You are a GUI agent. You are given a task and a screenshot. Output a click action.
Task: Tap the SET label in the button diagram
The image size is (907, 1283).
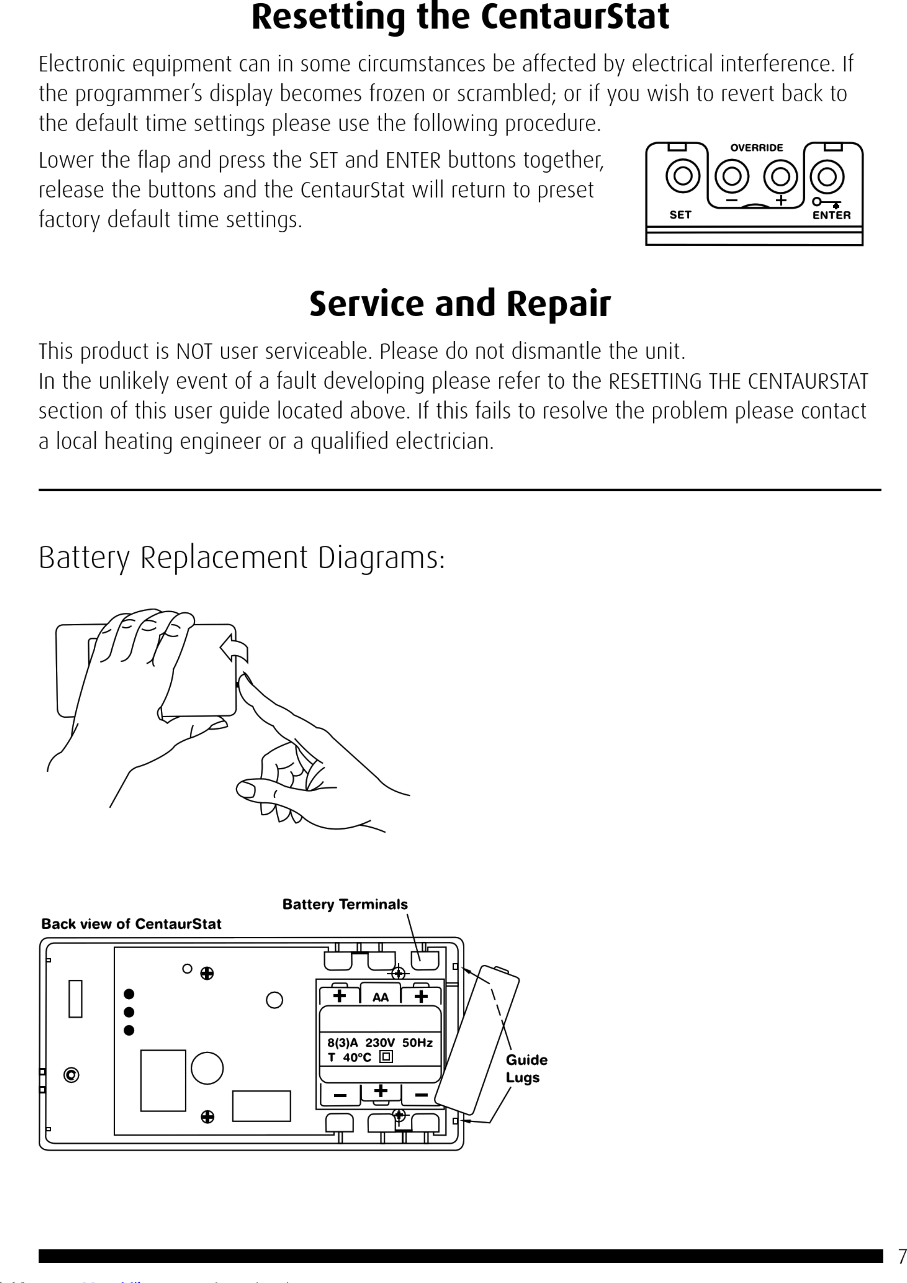click(x=680, y=215)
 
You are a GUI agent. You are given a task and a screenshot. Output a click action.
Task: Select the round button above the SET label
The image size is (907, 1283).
click(x=682, y=176)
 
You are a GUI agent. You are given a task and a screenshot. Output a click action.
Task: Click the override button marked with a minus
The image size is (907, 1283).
click(x=732, y=176)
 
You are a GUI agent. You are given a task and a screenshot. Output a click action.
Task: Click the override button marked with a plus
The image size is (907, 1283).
click(x=780, y=176)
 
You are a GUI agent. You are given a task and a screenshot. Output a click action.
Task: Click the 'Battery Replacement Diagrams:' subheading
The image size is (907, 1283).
click(x=241, y=558)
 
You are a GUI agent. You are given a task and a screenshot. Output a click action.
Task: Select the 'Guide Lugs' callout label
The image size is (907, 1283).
click(x=526, y=1068)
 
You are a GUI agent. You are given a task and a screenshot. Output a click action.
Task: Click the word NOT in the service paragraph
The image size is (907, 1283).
click(x=194, y=351)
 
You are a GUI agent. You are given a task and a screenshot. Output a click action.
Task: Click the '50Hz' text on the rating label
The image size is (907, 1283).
click(x=417, y=1043)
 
